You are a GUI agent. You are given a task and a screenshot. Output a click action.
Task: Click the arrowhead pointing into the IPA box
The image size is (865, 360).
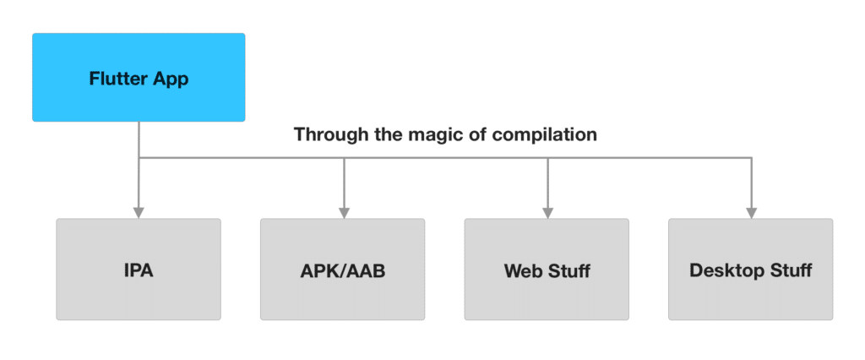tap(139, 212)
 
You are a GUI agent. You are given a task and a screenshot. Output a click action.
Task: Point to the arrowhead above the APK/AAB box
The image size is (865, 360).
tap(343, 212)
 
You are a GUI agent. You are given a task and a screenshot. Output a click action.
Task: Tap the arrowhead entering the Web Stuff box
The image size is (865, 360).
tap(547, 212)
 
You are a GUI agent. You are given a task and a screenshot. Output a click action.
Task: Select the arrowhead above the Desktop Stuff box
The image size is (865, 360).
tap(751, 212)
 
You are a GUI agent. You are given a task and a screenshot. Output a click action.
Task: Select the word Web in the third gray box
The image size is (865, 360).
tap(522, 271)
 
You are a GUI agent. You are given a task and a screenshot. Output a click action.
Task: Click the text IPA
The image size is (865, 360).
tap(139, 271)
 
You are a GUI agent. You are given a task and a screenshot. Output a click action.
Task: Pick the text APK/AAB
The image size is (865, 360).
tap(342, 271)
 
